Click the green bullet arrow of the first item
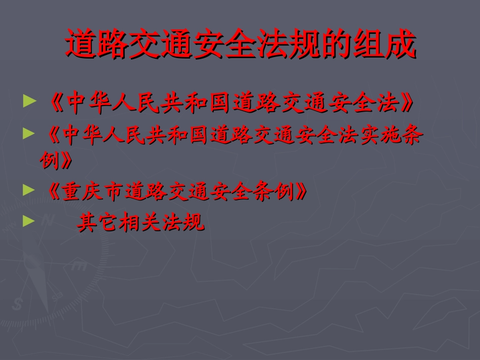tap(31, 101)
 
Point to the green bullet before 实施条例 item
tap(30, 133)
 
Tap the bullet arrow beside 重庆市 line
tap(30, 190)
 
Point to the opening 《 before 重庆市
tap(52, 192)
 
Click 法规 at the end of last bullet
tap(183, 223)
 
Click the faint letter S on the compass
tap(19, 304)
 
